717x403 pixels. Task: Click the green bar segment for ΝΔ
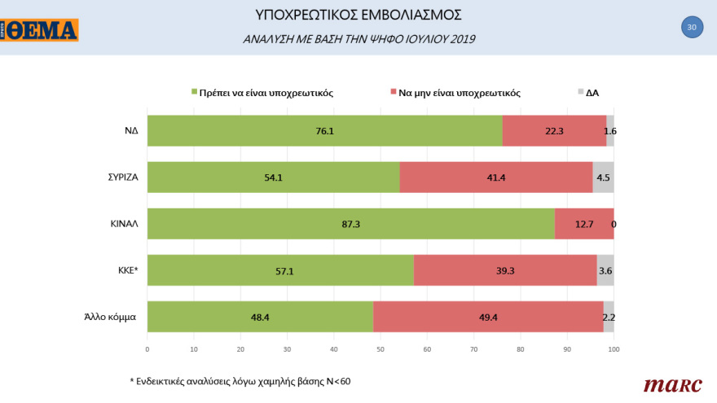click(324, 130)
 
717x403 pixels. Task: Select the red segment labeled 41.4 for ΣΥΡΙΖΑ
click(496, 177)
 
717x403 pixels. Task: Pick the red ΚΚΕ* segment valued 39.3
click(505, 270)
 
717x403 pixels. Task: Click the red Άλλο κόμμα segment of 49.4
click(488, 317)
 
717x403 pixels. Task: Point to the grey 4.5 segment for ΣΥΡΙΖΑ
click(603, 177)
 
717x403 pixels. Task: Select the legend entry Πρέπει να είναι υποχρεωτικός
click(262, 93)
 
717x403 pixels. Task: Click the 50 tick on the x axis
click(380, 349)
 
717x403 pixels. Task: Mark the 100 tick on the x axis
click(614, 349)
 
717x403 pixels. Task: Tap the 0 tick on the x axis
click(147, 349)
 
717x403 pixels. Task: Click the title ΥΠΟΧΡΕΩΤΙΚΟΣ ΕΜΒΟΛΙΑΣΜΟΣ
click(358, 15)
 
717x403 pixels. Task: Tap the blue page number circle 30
click(692, 27)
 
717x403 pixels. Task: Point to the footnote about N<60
click(240, 380)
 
